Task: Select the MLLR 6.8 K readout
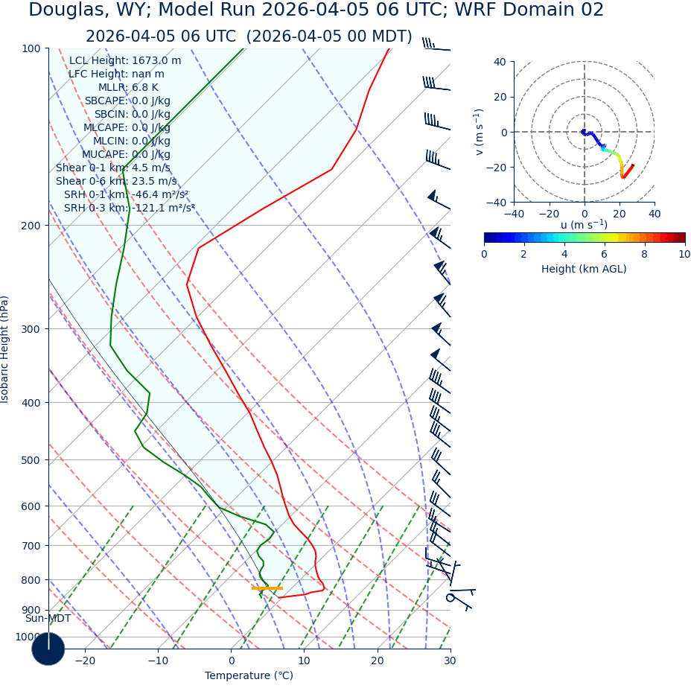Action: coord(128,88)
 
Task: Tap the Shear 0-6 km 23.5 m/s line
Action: coord(116,181)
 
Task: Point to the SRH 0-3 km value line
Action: coord(129,208)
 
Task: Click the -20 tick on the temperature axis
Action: coord(85,661)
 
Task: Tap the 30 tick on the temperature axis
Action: coord(450,661)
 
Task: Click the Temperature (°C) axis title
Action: coord(249,675)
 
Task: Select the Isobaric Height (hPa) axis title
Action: coord(5,349)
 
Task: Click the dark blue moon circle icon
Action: coord(48,649)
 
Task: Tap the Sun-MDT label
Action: coord(48,618)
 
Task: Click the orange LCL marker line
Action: coord(267,588)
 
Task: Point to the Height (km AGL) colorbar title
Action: coord(584,269)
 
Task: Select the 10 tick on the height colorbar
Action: coord(684,254)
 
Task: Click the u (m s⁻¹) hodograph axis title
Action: coord(584,225)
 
